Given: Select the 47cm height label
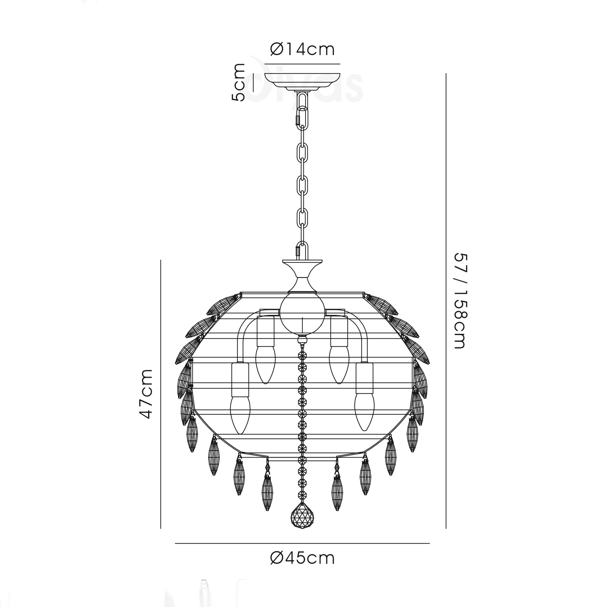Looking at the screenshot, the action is tap(146, 394).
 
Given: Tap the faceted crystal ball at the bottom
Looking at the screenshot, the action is tap(302, 520).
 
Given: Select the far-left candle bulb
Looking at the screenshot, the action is tap(240, 415).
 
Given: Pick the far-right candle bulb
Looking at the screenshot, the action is tap(365, 412).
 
